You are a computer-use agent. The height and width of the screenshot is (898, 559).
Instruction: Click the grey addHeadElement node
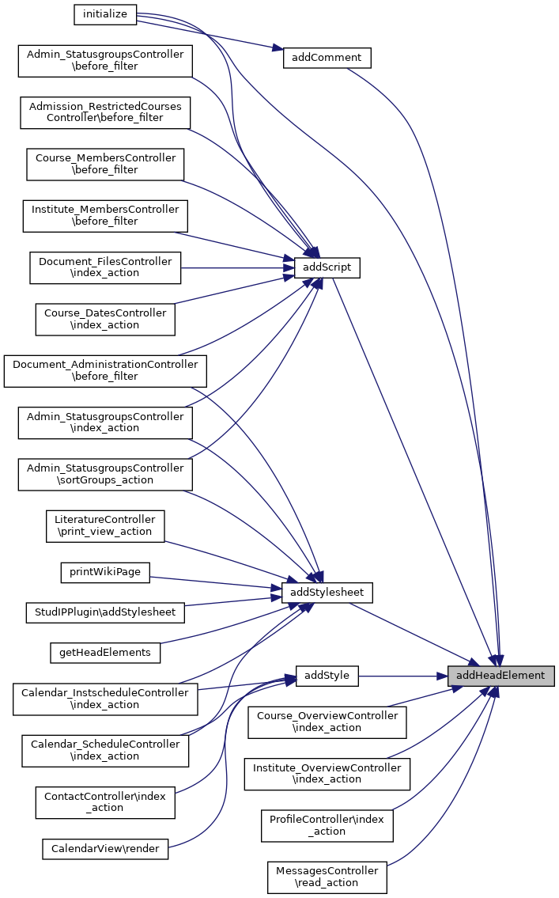(500, 676)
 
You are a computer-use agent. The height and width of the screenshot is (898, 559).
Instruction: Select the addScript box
(327, 268)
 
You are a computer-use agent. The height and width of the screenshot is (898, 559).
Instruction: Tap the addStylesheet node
(327, 592)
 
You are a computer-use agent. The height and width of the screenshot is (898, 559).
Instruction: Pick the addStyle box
(327, 676)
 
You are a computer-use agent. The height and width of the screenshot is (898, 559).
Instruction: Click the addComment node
(327, 58)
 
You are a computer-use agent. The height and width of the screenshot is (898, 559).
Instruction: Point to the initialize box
(105, 14)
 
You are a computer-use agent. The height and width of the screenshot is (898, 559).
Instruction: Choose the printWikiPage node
(105, 573)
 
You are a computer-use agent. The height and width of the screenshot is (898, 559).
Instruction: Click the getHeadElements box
(105, 653)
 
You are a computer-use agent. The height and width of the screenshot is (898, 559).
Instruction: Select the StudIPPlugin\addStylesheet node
(105, 612)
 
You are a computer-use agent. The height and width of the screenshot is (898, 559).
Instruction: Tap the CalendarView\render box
(105, 849)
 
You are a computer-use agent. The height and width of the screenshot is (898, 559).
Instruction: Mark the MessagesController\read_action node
(327, 877)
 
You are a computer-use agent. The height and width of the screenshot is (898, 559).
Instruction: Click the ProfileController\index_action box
(327, 825)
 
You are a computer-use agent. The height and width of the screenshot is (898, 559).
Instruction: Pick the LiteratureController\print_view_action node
(105, 525)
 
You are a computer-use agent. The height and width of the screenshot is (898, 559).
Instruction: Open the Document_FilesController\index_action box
(105, 267)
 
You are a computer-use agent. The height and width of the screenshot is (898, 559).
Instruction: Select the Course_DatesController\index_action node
(105, 319)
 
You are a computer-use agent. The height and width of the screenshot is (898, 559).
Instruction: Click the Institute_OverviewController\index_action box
(327, 774)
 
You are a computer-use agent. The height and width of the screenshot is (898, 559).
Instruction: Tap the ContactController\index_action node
(105, 802)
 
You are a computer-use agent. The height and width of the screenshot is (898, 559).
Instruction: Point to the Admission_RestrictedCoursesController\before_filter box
(105, 112)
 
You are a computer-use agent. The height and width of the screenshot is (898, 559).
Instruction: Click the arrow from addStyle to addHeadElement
(403, 676)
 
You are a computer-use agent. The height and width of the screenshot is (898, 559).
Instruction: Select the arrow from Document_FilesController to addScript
(237, 268)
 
